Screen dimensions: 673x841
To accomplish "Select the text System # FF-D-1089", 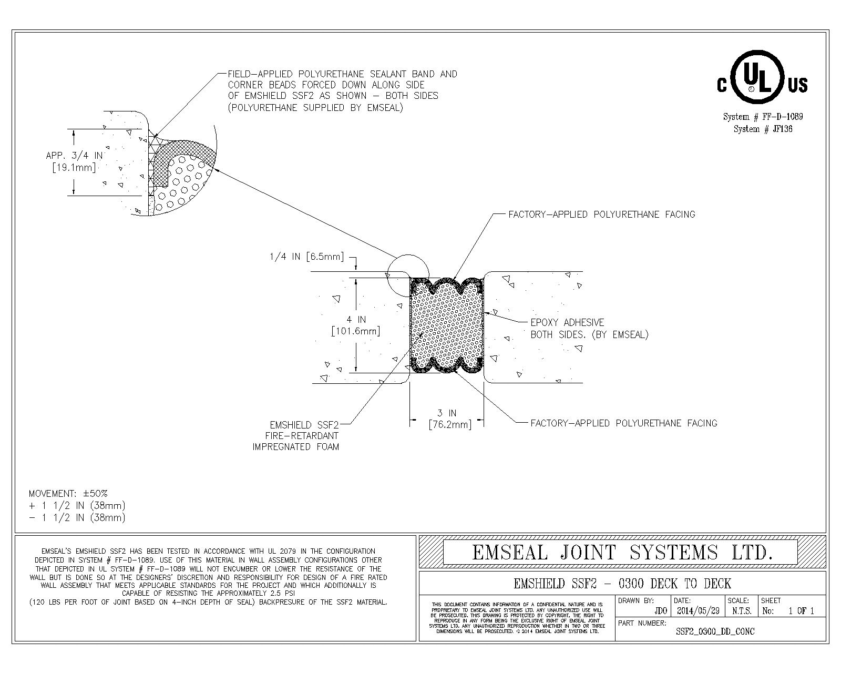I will click(763, 117).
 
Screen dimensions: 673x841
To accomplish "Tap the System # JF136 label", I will click(763, 129).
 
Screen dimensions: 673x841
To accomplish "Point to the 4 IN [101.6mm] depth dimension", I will click(355, 325).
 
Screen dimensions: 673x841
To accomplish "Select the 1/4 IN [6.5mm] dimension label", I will click(306, 257).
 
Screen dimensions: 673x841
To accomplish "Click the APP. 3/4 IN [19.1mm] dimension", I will click(74, 161).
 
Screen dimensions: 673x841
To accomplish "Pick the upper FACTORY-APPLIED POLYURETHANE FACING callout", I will click(601, 215).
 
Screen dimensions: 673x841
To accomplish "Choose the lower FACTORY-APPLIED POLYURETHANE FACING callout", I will click(623, 423).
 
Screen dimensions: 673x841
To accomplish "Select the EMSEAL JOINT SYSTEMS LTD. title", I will click(622, 552).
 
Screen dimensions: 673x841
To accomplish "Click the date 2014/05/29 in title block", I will click(698, 611).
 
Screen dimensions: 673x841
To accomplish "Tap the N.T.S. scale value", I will click(741, 611).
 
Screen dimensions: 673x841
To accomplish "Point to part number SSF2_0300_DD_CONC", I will click(715, 631).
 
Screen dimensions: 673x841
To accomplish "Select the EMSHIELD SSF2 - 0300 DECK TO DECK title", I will click(622, 583).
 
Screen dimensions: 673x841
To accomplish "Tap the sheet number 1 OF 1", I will click(801, 611).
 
